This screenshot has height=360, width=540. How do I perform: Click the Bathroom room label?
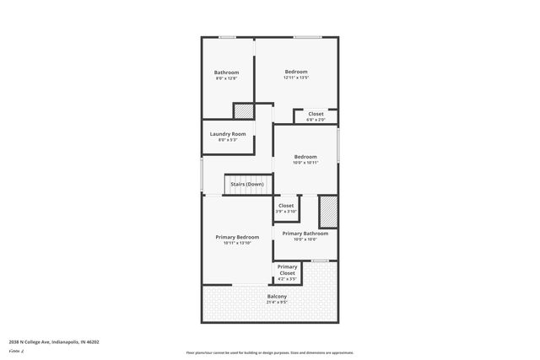(226, 72)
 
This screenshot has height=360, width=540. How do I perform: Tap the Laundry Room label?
(228, 134)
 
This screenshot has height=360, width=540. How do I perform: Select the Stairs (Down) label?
(247, 184)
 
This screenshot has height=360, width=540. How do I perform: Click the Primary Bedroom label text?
(236, 237)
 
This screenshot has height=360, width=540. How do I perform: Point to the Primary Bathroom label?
(305, 233)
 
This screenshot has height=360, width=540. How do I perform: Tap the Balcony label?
(277, 296)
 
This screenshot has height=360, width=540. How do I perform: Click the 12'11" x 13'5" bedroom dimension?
(296, 78)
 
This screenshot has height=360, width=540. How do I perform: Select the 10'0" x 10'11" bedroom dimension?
(305, 163)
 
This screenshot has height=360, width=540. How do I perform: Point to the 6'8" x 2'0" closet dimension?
(316, 120)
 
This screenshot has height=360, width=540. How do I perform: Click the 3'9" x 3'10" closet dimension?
(286, 212)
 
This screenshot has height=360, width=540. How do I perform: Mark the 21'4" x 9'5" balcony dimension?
(277, 302)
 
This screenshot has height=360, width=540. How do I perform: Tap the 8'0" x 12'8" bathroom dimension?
(226, 78)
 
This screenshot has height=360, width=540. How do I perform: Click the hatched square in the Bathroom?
(243, 110)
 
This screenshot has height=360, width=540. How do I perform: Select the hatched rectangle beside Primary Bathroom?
(327, 212)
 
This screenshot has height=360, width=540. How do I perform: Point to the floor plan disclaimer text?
(269, 352)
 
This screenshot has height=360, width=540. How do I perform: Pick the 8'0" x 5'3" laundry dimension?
(228, 140)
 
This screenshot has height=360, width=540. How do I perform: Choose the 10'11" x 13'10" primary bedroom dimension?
(236, 244)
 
